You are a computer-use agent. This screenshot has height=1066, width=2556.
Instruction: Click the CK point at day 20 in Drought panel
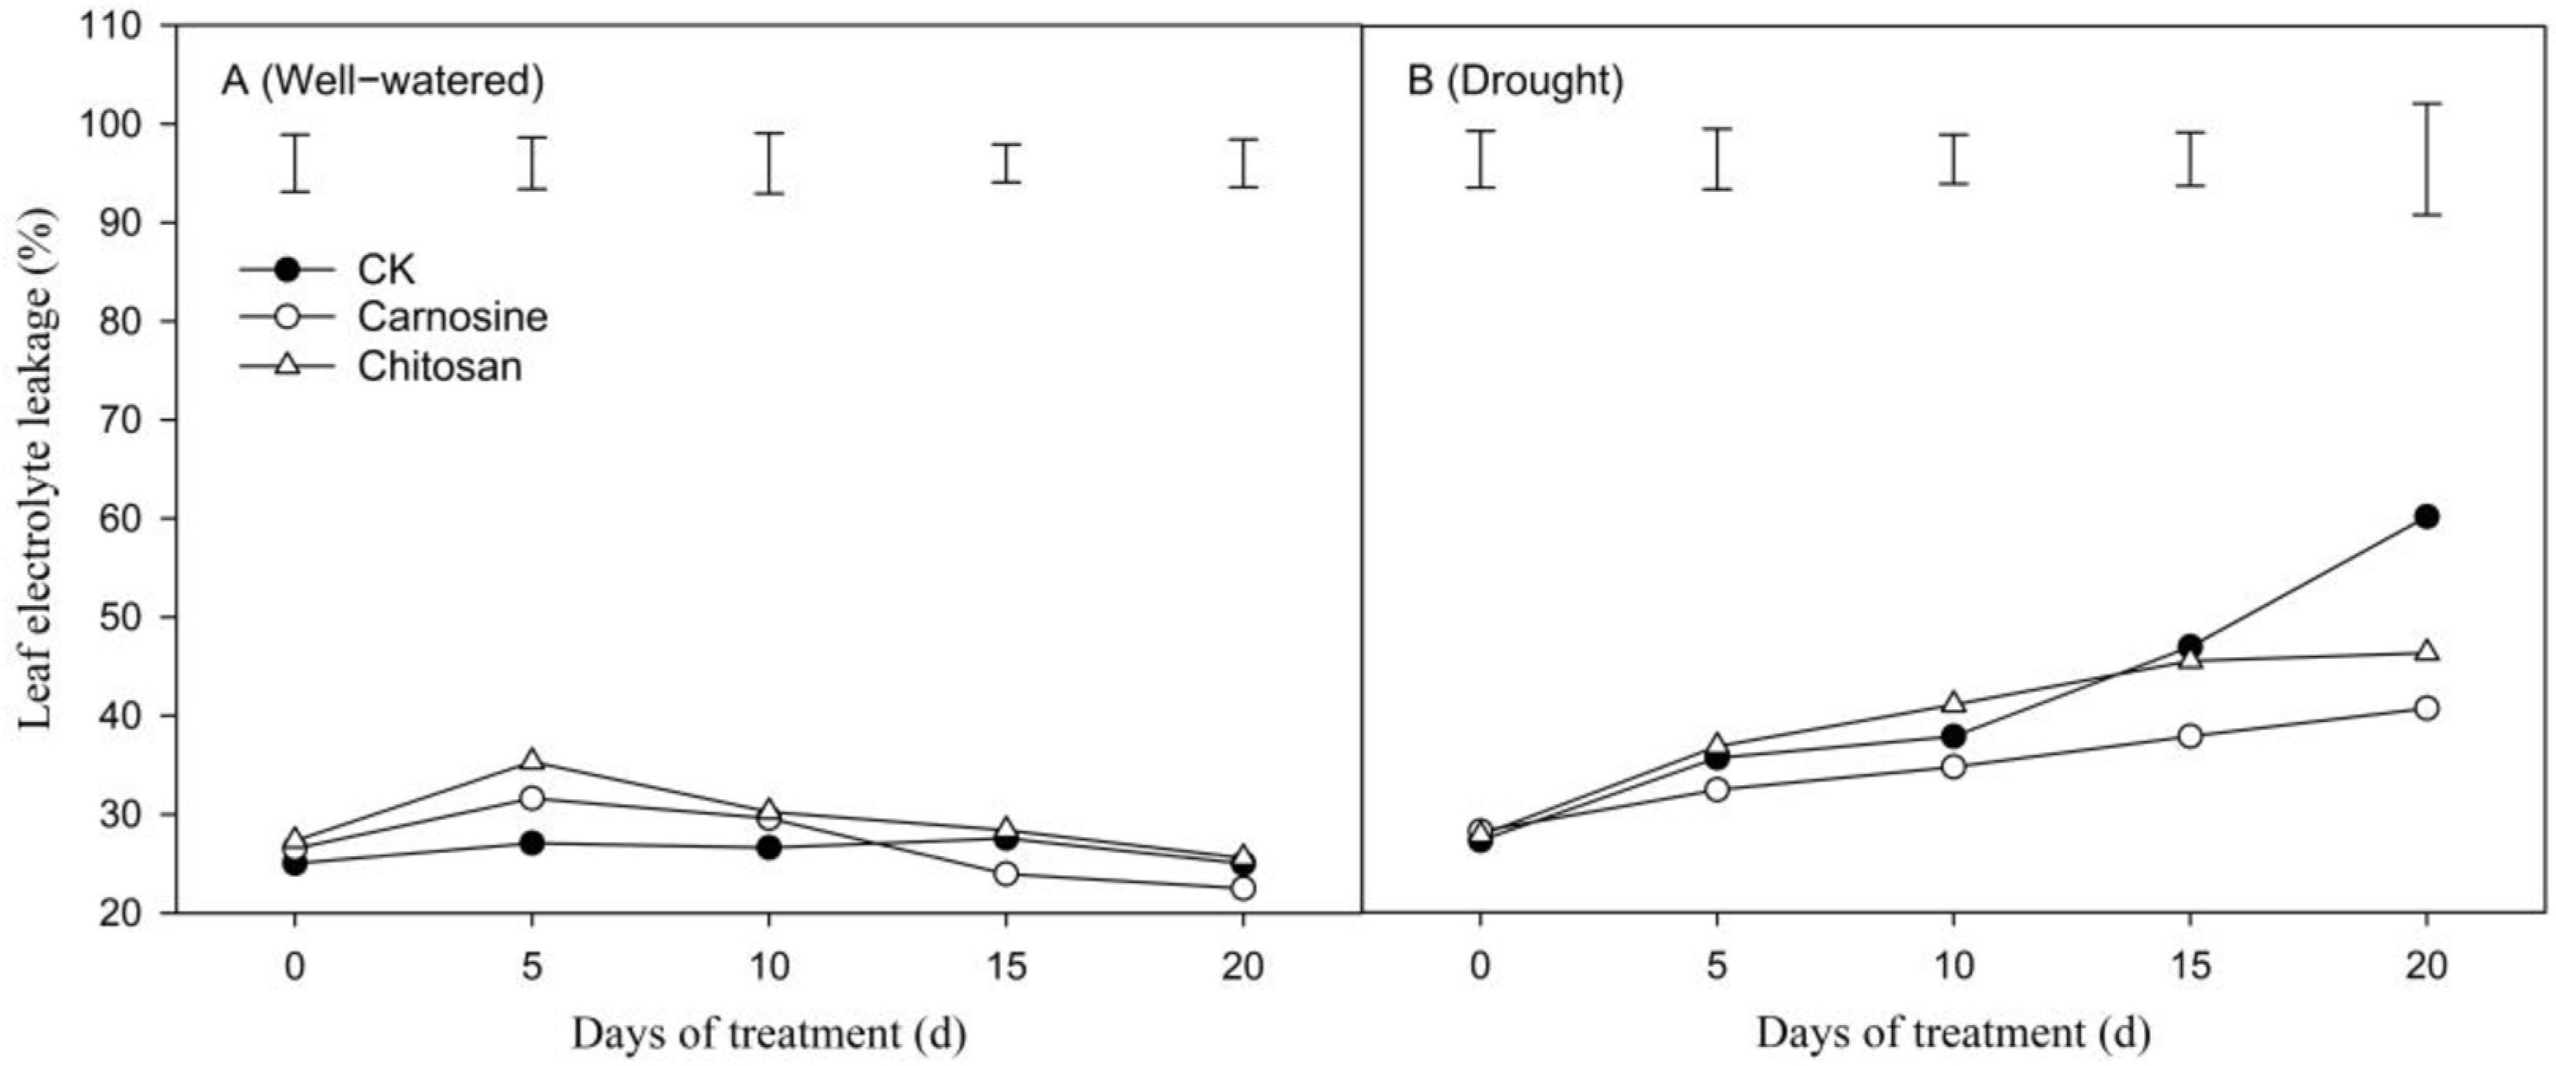click(2426, 516)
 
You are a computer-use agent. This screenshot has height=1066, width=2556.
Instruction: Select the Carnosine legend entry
click(452, 317)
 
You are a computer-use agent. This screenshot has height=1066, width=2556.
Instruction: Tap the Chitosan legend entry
click(438, 367)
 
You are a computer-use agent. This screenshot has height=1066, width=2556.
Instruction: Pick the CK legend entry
click(385, 270)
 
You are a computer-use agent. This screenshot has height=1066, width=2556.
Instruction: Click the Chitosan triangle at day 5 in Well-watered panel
click(532, 761)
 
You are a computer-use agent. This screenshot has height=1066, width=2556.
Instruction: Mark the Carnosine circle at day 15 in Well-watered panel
click(1005, 873)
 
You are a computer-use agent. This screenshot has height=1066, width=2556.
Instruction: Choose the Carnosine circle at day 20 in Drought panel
click(2426, 708)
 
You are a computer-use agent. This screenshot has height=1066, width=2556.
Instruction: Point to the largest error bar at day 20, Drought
click(2426, 159)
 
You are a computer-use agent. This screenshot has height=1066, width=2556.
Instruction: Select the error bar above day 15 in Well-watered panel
click(1006, 163)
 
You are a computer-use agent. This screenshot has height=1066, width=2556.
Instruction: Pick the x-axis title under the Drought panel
click(1953, 1034)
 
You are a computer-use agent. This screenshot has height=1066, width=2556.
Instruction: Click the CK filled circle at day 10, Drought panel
click(1953, 736)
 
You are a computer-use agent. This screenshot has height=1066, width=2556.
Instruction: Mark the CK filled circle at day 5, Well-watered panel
click(532, 843)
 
